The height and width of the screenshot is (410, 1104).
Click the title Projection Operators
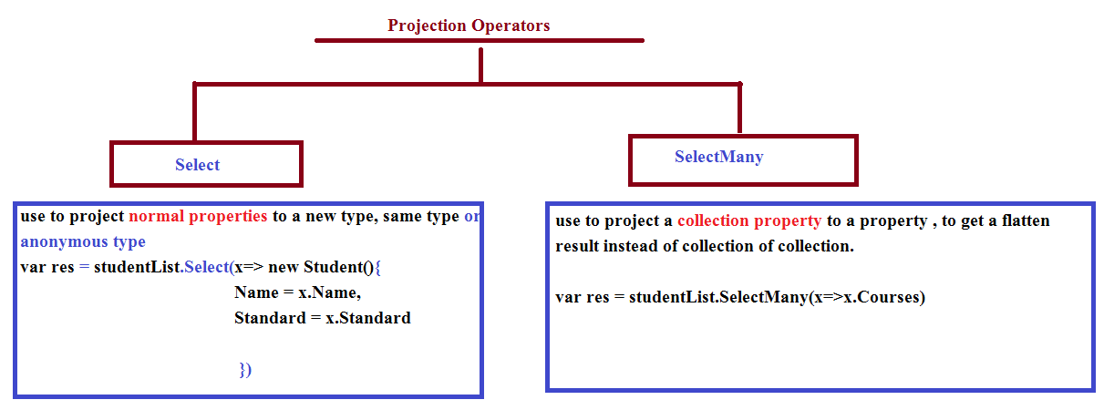coord(469,26)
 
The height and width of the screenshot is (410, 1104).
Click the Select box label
coord(197,165)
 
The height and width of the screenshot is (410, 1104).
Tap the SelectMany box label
coord(718,158)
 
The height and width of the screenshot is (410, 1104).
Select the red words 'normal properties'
coord(198,216)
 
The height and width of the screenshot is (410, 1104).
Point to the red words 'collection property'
coord(749,220)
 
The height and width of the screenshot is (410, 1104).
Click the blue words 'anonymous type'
coord(83,242)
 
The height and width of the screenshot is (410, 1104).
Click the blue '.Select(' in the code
coord(207,267)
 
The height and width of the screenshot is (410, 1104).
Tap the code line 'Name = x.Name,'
coord(298,292)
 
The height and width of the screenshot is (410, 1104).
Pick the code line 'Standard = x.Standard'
coord(323,318)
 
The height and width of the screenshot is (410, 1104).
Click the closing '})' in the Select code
coord(245,370)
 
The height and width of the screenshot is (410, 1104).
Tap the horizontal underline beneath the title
coord(480,40)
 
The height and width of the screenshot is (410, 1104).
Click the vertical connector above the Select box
coord(195,112)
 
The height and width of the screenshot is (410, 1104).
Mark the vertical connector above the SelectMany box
coord(739,108)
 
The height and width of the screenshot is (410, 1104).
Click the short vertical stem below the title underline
coord(480,66)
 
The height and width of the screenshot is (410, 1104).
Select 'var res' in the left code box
coord(46,267)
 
